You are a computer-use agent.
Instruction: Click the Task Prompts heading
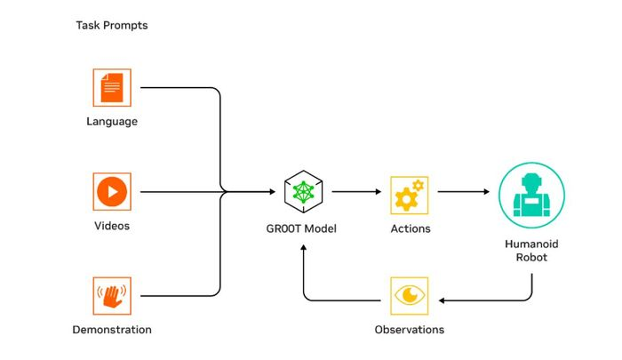click(112, 26)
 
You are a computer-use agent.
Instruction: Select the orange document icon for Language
click(112, 88)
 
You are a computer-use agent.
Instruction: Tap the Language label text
click(112, 122)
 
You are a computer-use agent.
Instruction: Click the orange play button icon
click(112, 192)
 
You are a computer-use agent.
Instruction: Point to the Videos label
click(112, 226)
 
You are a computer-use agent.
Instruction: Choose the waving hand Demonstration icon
click(112, 296)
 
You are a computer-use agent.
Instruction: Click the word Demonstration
click(112, 330)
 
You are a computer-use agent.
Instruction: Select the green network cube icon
click(304, 192)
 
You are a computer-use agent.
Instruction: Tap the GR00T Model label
click(301, 228)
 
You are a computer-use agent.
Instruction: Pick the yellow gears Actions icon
click(410, 196)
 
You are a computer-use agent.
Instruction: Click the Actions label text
click(411, 228)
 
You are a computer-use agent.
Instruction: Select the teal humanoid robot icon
click(531, 196)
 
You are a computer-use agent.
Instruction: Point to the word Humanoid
click(531, 244)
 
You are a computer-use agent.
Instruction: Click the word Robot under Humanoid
click(531, 257)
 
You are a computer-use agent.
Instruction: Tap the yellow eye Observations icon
click(410, 296)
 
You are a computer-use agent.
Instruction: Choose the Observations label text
click(410, 330)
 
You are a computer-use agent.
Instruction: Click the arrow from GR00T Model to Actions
click(356, 192)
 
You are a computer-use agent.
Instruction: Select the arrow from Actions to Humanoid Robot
click(463, 192)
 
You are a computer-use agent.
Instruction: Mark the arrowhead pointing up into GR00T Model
click(304, 247)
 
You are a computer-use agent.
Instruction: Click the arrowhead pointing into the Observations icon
click(442, 300)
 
